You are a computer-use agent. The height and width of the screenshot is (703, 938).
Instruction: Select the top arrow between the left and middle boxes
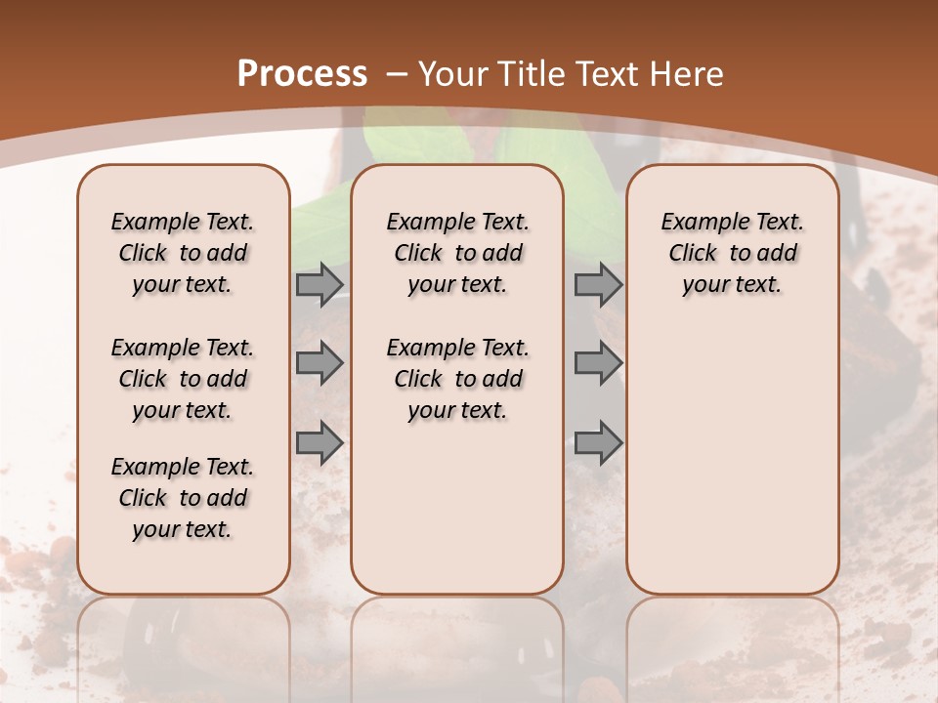point(320,285)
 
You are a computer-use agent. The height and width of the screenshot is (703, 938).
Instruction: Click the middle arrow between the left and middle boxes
point(320,363)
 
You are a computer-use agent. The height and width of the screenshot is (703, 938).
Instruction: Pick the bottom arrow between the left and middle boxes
point(320,443)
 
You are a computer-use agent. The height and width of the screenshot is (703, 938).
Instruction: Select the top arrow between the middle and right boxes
point(598,285)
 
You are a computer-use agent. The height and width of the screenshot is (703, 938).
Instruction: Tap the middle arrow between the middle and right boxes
point(598,363)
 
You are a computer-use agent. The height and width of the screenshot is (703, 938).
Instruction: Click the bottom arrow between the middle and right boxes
point(598,443)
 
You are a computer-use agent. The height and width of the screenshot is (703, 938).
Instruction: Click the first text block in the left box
point(183,253)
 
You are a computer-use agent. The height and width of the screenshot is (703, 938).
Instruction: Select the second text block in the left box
point(183,379)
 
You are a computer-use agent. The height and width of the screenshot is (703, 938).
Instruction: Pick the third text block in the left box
point(183,498)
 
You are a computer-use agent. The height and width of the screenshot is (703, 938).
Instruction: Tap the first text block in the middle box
point(457,253)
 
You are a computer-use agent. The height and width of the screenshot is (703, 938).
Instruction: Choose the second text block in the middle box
point(457,379)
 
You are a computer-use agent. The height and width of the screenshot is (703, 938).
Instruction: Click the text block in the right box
point(733,253)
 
